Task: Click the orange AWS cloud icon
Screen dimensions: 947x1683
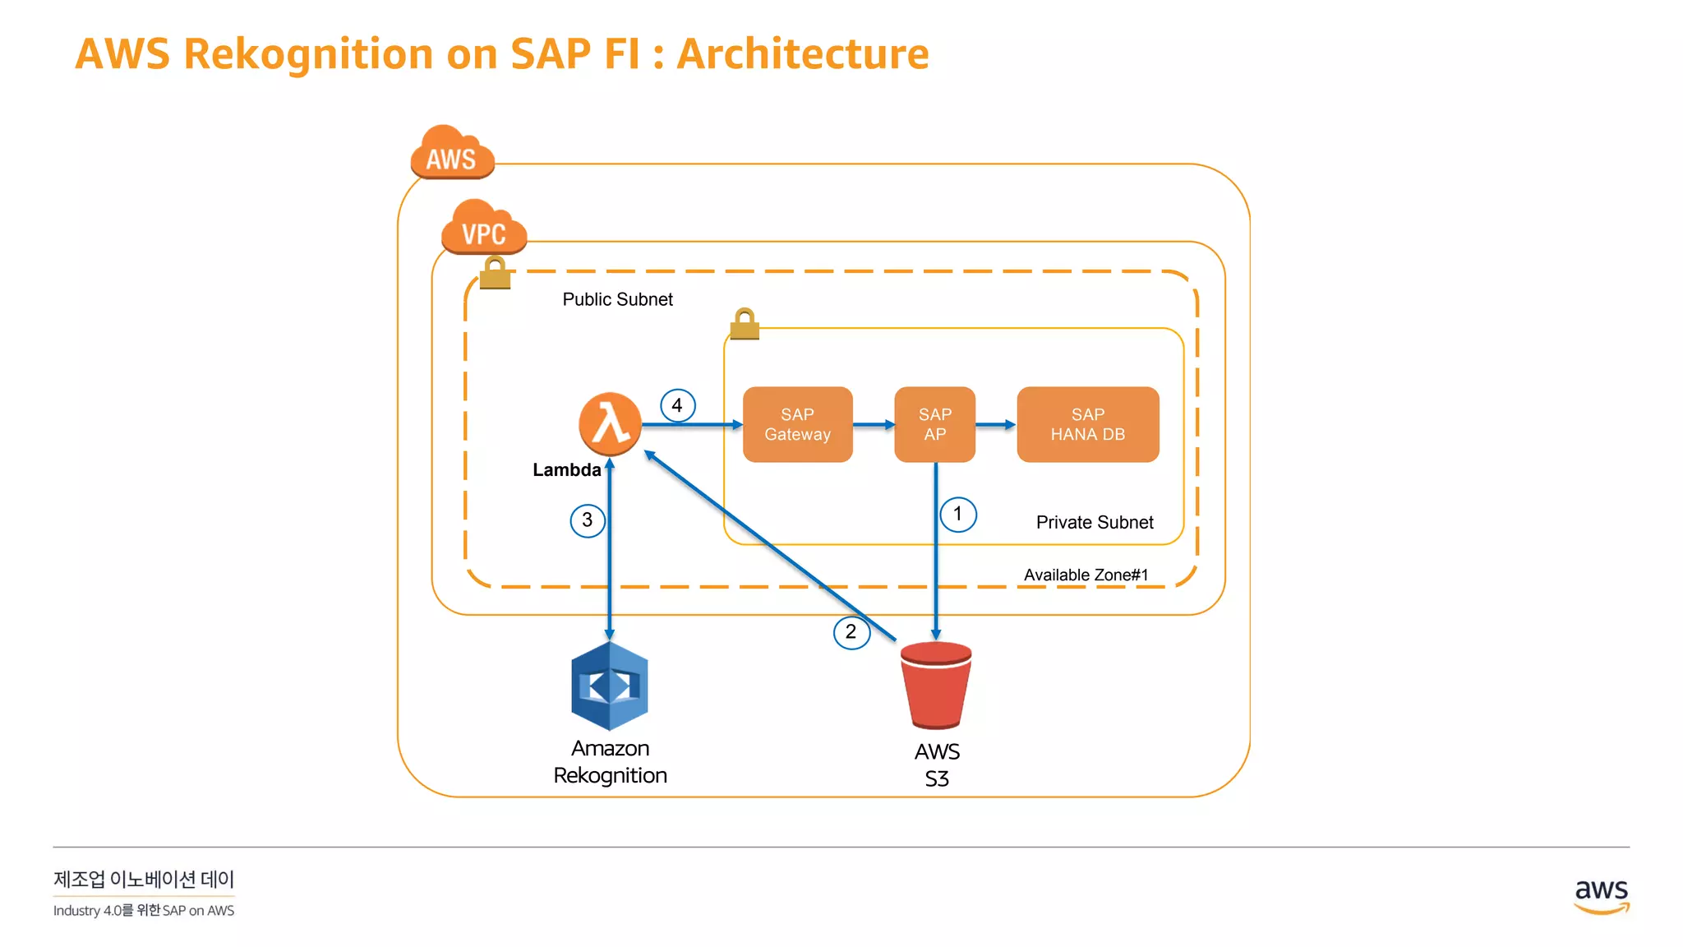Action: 452,153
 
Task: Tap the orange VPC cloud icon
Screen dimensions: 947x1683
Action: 483,228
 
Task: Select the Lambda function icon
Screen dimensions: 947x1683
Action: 610,424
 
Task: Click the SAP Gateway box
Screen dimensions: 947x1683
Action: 797,424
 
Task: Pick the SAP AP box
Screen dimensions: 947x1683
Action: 934,424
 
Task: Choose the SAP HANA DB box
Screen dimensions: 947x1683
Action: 1087,424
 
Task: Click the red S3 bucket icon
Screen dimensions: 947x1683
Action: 936,686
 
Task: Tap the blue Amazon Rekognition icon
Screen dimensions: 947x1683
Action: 610,686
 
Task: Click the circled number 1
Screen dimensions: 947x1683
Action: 957,515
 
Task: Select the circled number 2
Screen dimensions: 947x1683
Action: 851,632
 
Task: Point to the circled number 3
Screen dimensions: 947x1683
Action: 588,520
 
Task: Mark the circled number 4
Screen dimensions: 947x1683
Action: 677,405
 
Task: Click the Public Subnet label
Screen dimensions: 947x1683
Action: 617,299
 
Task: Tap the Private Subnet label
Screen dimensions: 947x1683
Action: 1095,522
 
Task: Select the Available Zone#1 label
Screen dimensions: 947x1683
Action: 1086,575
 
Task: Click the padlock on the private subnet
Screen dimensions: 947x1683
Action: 745,325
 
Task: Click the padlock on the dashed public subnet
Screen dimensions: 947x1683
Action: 495,273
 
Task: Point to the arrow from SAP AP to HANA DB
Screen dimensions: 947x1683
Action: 996,425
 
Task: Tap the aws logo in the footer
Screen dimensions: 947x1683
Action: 1601,895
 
